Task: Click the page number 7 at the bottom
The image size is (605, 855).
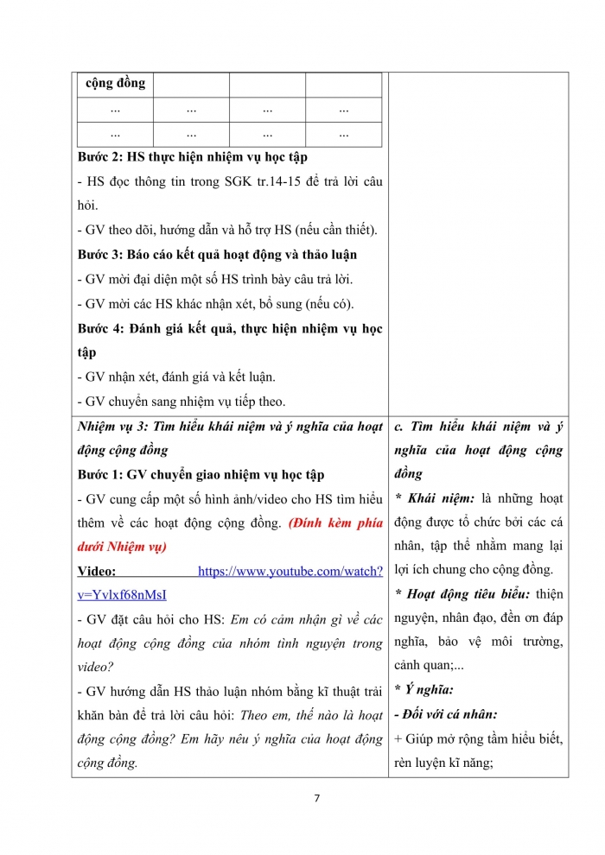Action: point(317,797)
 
